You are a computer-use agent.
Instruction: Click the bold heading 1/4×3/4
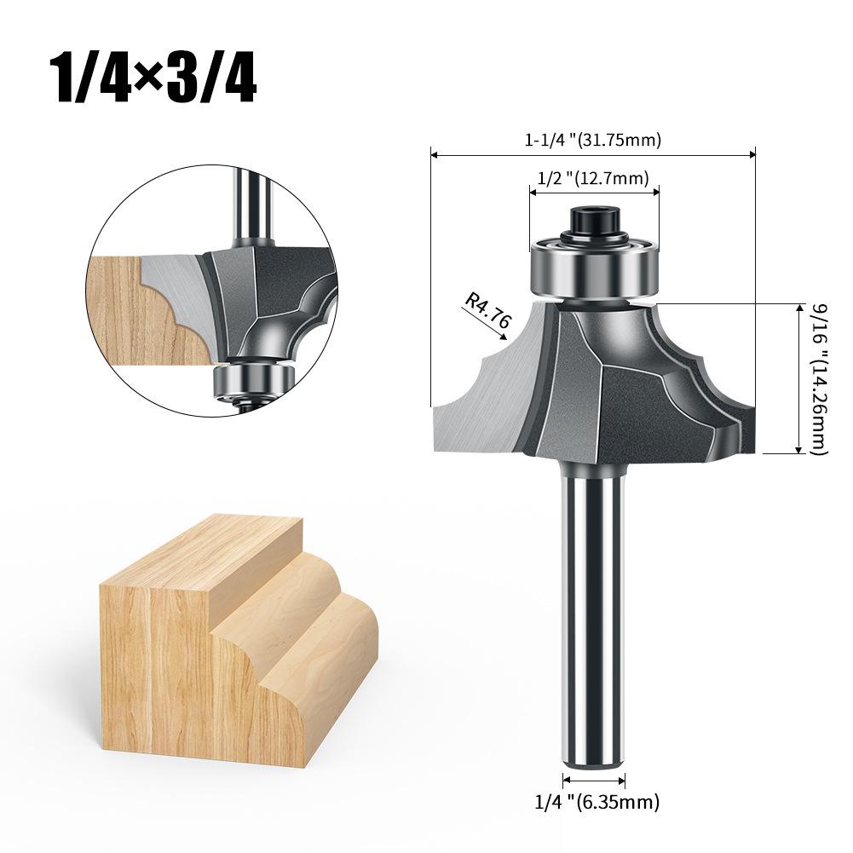153,78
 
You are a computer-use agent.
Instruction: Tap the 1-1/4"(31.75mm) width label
592,140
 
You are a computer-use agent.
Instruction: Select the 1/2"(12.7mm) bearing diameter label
593,177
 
